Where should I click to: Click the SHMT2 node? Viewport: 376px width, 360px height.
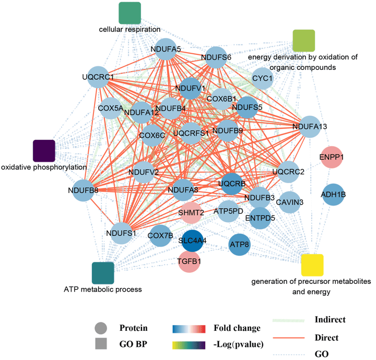click(191, 212)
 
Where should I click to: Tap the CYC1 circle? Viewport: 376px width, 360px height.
click(263, 79)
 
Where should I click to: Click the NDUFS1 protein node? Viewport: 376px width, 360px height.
click(121, 232)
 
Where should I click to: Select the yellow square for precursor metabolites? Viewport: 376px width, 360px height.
click(312, 265)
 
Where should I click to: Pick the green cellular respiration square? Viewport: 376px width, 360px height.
click(130, 13)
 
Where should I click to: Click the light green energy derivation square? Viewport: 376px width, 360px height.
click(303, 41)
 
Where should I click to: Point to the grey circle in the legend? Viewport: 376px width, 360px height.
click(101, 329)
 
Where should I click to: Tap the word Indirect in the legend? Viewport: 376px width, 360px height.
click(331, 319)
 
